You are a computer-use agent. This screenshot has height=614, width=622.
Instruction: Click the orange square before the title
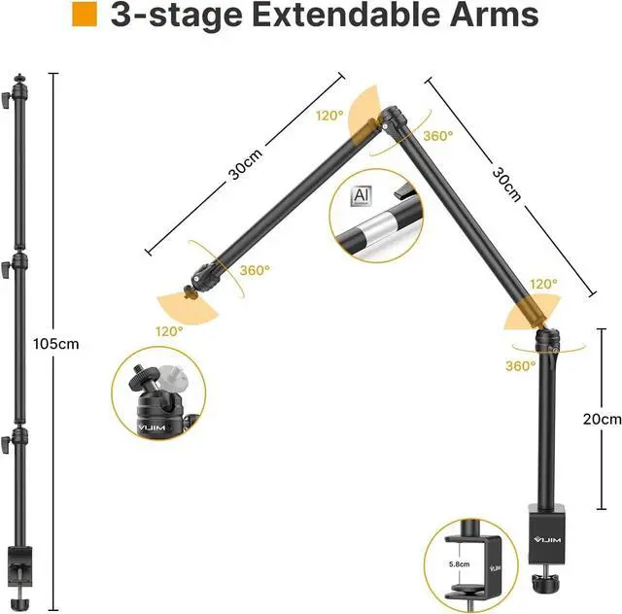click(86, 15)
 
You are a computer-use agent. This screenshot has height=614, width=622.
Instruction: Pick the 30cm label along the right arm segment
click(505, 184)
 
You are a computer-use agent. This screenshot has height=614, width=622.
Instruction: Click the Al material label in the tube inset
click(362, 195)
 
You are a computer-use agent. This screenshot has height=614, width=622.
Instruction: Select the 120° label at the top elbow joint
click(329, 116)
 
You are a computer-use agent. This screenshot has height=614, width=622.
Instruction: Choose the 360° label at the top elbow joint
click(437, 136)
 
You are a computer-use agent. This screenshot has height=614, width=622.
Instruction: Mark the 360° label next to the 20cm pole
click(521, 365)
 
